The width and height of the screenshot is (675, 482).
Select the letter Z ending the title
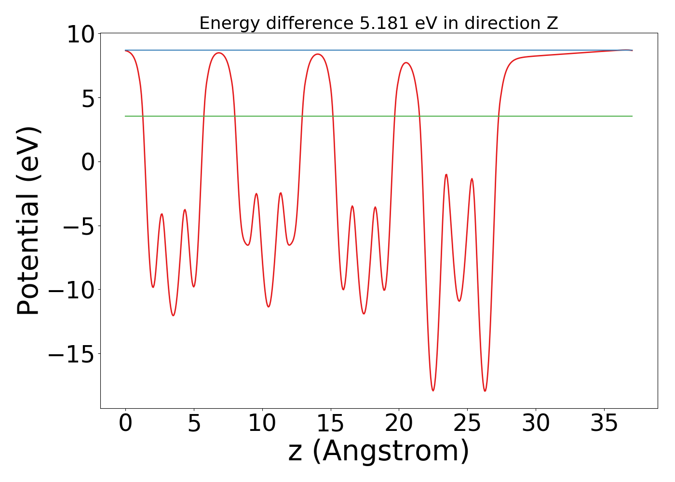553,23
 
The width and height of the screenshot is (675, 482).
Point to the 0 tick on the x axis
125,424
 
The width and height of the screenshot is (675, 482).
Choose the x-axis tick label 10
262,424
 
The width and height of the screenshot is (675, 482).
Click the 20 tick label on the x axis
399,424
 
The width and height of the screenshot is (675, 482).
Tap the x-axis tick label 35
605,424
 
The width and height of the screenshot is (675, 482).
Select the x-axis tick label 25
468,424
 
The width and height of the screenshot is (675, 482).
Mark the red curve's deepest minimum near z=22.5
433,390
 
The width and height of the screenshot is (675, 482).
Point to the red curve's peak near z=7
219,53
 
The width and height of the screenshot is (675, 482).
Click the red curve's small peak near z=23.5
446,174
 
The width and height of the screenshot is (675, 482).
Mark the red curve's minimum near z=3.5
173,315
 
